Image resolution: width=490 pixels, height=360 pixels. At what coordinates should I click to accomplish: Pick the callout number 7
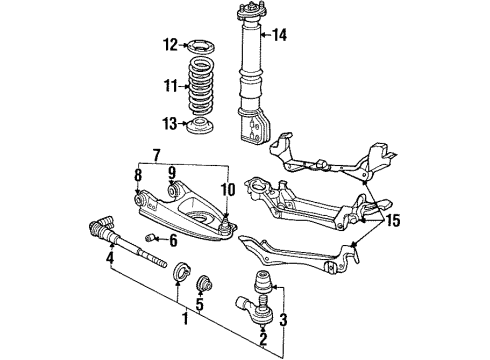156,156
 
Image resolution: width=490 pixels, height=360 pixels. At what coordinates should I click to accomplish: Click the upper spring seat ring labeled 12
204,44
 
